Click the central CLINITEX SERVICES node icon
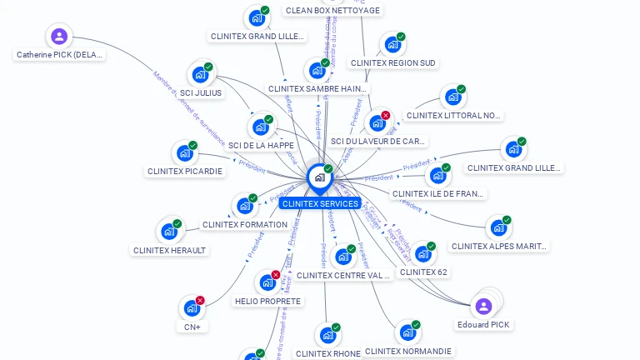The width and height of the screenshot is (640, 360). (319, 177)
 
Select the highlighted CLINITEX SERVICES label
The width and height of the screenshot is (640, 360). (320, 203)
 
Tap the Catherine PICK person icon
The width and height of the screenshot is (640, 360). (58, 37)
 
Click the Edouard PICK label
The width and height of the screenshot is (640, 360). (483, 324)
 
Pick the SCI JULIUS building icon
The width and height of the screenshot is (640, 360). (200, 74)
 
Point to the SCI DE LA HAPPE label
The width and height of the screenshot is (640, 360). (261, 145)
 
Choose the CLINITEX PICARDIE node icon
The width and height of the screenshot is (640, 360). (184, 153)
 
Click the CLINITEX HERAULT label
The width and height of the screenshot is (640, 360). (169, 250)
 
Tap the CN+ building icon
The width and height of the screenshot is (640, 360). (192, 309)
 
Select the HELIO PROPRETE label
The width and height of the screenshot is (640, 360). (267, 301)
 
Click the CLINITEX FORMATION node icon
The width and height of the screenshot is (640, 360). (244, 206)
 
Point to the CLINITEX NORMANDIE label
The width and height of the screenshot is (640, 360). (408, 351)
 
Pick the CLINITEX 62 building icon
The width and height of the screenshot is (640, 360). (423, 253)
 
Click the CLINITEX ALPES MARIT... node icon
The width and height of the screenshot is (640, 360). (498, 227)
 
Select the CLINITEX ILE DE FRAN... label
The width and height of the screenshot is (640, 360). (437, 193)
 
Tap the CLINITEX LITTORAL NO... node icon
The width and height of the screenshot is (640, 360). (452, 97)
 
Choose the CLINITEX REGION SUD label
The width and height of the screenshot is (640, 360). (392, 62)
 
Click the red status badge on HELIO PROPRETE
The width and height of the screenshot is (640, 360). (276, 274)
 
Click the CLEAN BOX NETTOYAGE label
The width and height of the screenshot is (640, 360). (332, 10)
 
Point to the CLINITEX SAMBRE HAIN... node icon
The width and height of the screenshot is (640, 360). (317, 70)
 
